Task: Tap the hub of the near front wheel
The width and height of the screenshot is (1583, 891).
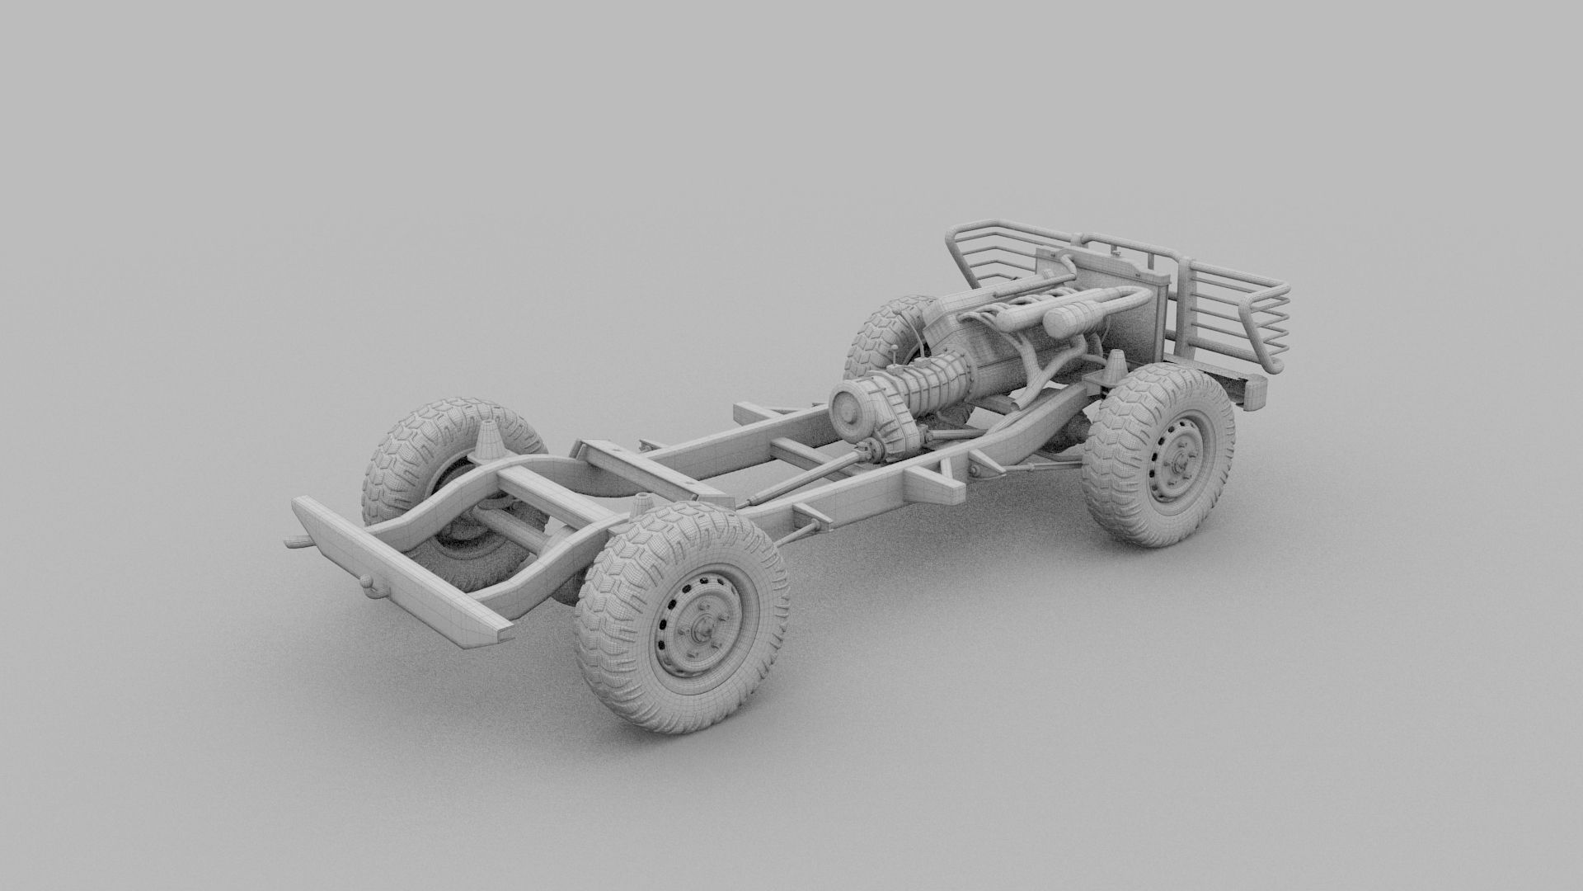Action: (x=1181, y=462)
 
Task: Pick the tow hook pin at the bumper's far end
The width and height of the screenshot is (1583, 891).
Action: (x=292, y=542)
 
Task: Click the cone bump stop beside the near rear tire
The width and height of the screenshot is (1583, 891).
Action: (x=641, y=503)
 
